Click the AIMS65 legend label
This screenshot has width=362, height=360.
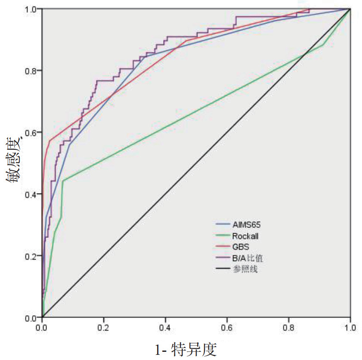(x=246, y=225)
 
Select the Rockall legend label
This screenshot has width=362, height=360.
(x=245, y=236)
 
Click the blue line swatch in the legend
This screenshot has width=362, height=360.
(x=222, y=225)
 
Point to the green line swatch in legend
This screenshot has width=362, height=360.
(x=222, y=236)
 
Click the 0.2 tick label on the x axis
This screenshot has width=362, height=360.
(x=104, y=327)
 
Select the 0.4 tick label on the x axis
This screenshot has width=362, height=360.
(x=165, y=327)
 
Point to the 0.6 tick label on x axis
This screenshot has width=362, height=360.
(x=227, y=327)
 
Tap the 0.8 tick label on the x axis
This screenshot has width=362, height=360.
(x=288, y=327)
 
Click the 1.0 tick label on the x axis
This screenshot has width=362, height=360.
(x=350, y=327)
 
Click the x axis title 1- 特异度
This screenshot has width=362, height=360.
(x=186, y=349)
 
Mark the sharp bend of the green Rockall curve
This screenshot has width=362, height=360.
(x=63, y=181)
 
